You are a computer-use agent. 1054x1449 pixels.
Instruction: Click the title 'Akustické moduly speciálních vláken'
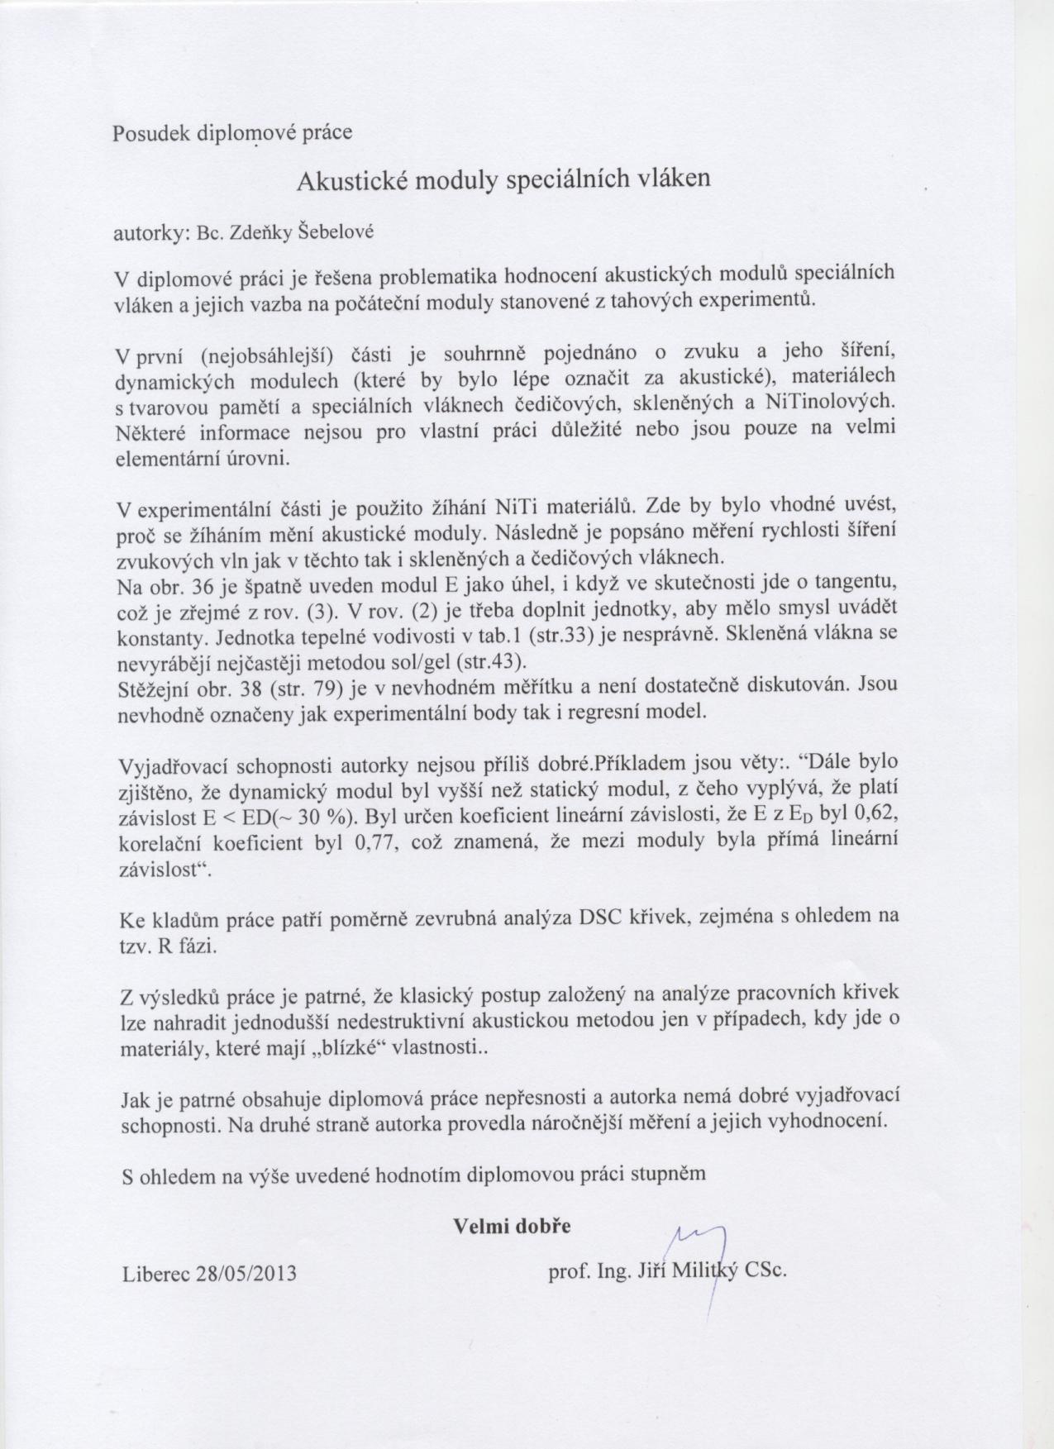coord(503,180)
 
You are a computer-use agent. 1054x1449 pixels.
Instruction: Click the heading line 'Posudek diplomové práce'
coord(232,133)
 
